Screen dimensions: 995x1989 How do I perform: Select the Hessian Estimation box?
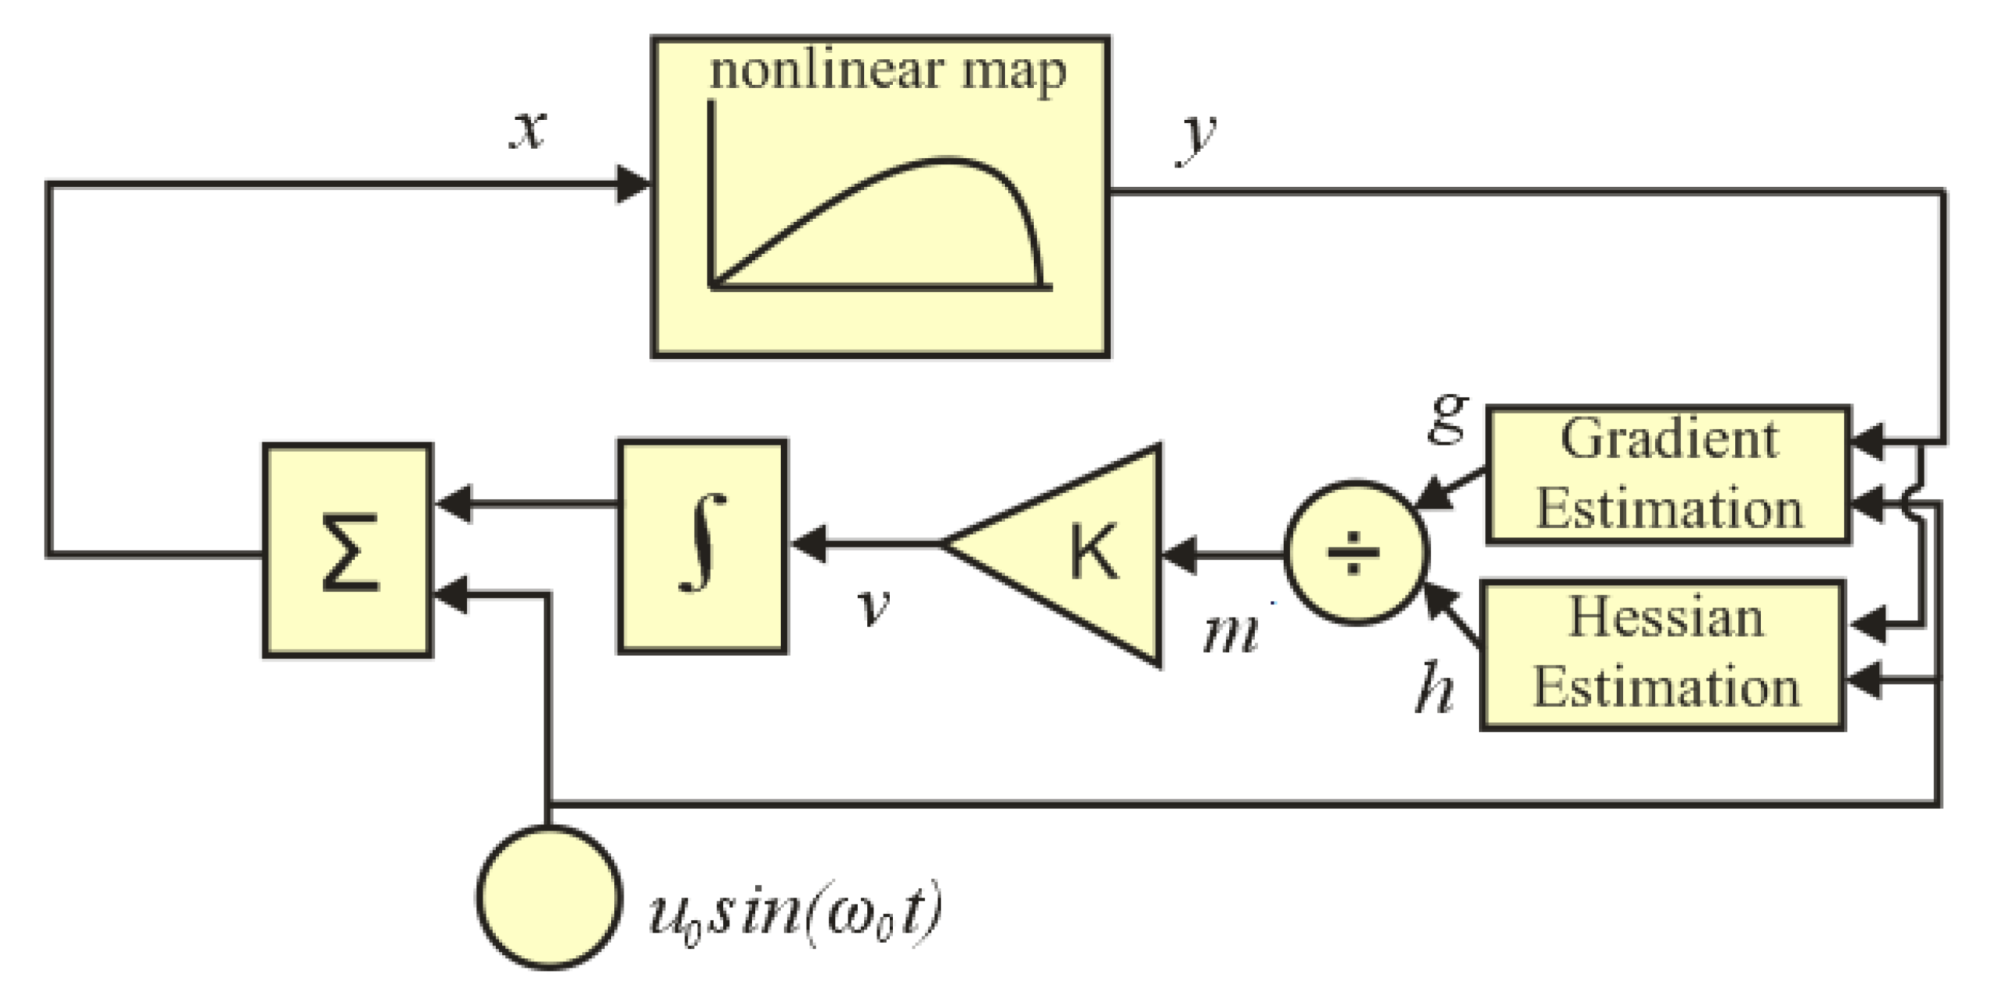click(x=1663, y=654)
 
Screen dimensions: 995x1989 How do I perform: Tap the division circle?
click(x=1355, y=553)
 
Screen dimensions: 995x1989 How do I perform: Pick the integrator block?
click(x=702, y=545)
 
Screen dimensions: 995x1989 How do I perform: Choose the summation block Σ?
click(x=347, y=550)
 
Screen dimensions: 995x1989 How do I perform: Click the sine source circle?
click(x=549, y=897)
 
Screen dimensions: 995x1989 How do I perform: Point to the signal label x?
click(x=528, y=129)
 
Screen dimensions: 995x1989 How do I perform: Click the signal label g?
click(x=1448, y=420)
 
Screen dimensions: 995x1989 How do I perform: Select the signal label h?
click(x=1434, y=687)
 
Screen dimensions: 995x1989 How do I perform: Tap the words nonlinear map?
click(x=887, y=72)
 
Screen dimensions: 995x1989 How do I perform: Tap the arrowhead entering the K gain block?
click(x=1179, y=555)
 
